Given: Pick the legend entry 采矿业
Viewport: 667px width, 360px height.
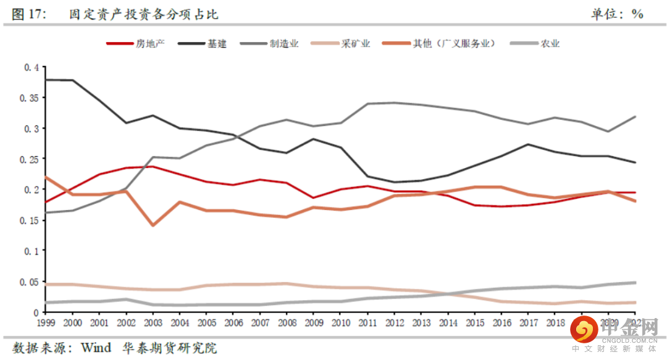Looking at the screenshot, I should pos(356,44).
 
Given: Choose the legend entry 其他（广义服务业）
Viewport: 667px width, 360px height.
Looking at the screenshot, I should pos(453,44).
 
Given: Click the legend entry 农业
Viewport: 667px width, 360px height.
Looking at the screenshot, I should pos(550,44).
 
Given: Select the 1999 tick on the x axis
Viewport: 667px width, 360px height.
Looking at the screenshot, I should pos(46,323).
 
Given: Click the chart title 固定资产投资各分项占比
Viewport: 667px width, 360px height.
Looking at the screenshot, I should pos(144,14).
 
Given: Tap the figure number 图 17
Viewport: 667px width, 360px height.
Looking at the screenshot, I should pos(29,14).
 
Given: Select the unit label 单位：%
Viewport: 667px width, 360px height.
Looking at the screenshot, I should pos(617,14).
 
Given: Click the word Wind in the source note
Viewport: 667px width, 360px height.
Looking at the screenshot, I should pos(96,348).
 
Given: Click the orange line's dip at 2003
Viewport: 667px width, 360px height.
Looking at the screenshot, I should pos(153,225).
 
